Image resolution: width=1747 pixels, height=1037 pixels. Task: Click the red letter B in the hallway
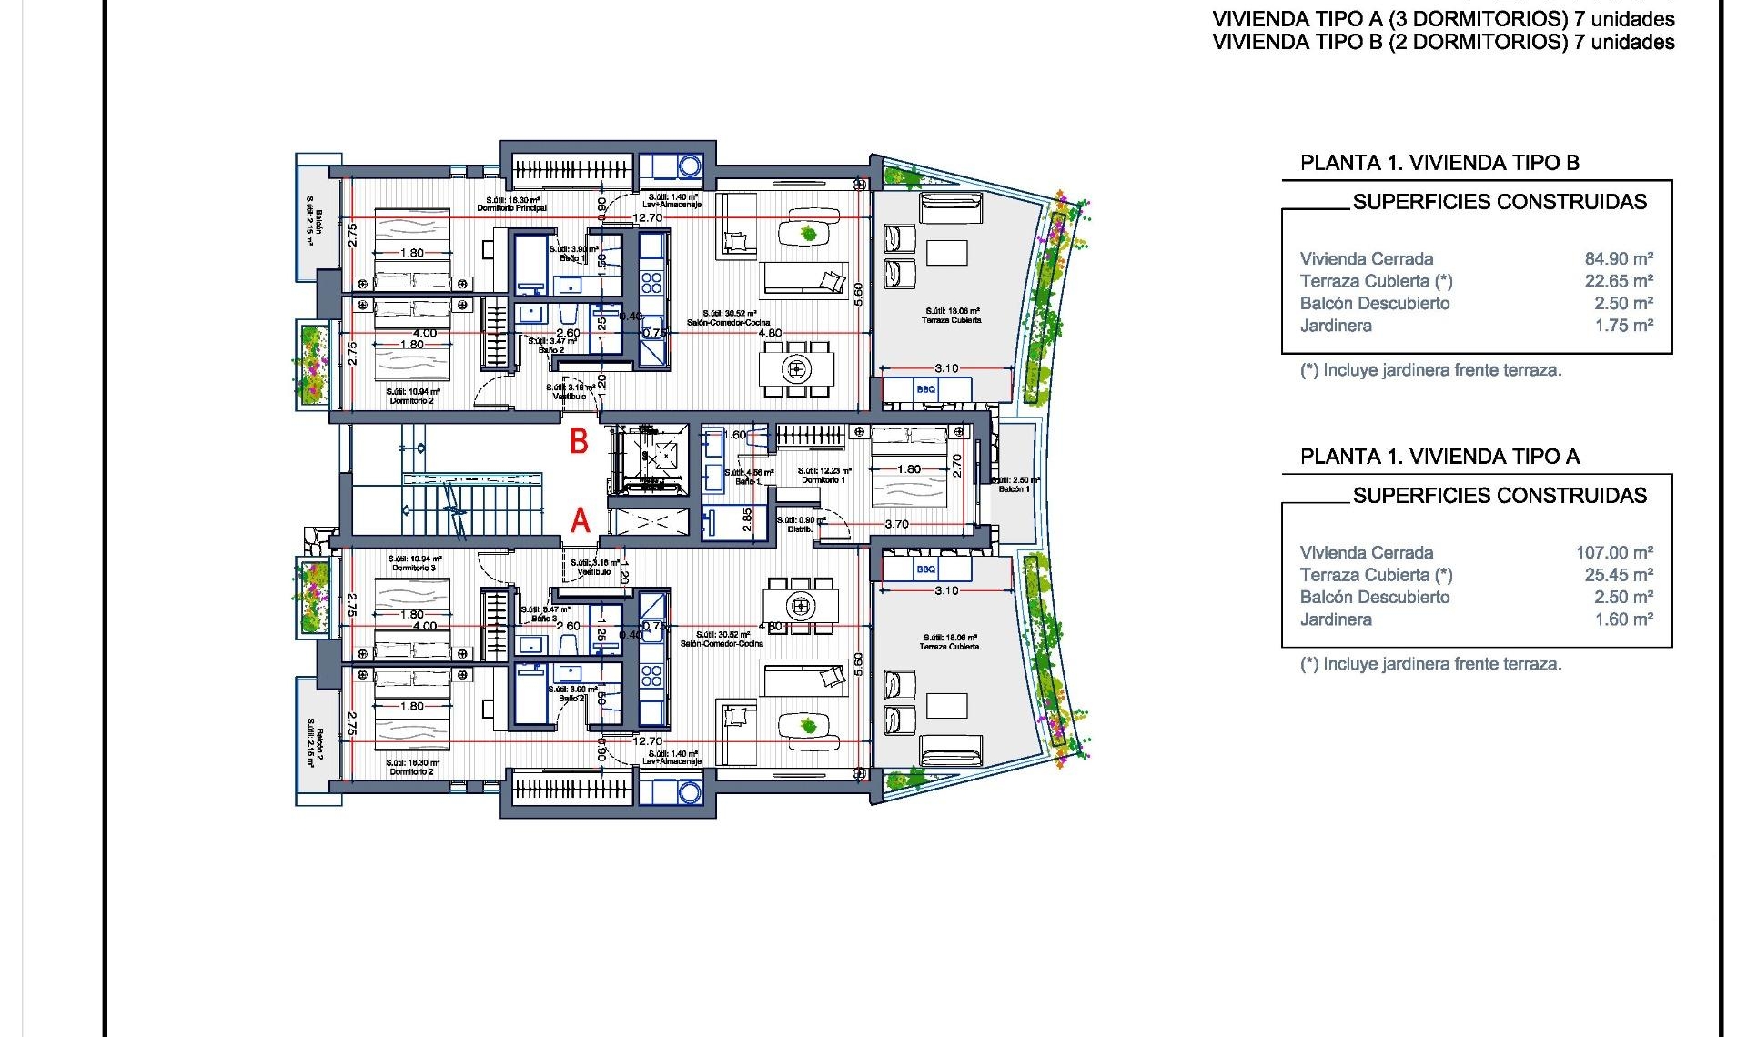click(x=579, y=442)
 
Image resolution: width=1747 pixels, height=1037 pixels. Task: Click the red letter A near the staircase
click(x=580, y=521)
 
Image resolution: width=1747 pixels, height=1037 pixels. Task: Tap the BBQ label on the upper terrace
click(x=925, y=389)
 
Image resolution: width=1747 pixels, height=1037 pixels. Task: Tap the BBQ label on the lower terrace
click(x=925, y=569)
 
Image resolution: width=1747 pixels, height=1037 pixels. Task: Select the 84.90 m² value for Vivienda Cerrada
click(x=1619, y=258)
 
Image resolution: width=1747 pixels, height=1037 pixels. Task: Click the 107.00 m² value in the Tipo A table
click(x=1614, y=552)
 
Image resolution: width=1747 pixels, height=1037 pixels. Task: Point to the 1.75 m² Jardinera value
click(x=1623, y=326)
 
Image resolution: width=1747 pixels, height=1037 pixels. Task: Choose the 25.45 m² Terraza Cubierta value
click(x=1619, y=575)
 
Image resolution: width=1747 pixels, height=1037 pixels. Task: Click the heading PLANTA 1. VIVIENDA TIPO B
click(x=1439, y=163)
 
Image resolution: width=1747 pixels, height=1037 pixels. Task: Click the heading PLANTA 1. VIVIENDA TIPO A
click(x=1439, y=457)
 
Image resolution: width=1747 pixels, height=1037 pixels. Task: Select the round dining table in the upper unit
click(x=797, y=368)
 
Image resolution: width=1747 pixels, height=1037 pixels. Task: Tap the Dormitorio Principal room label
click(x=512, y=208)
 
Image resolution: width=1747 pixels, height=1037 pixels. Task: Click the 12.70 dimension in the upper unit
click(x=648, y=218)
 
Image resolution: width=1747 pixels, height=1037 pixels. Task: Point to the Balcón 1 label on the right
click(x=1015, y=489)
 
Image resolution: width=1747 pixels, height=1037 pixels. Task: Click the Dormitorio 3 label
click(x=414, y=568)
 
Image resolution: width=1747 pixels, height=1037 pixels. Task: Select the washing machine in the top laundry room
click(x=689, y=166)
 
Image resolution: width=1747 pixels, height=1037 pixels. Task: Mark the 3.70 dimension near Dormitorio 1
click(x=896, y=524)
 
